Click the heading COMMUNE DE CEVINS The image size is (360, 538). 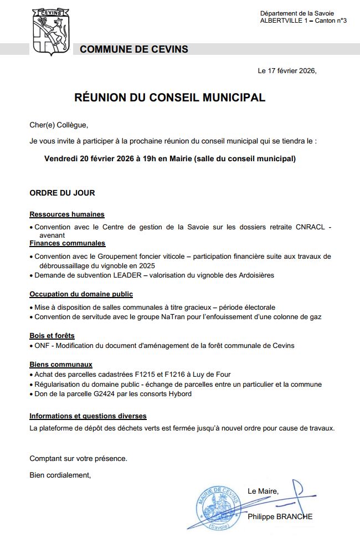tap(133, 49)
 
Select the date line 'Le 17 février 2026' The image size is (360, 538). tap(286, 71)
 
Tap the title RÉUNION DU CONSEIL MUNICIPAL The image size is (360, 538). tap(169, 98)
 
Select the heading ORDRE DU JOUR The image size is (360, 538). tap(62, 193)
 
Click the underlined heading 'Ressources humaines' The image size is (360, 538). tap(67, 214)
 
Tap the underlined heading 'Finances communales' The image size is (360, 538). tap(68, 243)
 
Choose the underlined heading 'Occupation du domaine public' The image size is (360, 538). tap(81, 294)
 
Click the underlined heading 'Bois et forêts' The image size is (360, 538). tap(52, 336)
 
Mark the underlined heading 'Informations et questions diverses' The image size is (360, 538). tap(88, 416)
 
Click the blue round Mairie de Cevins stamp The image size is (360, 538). tap(218, 506)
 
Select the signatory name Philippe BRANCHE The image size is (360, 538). tap(280, 516)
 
